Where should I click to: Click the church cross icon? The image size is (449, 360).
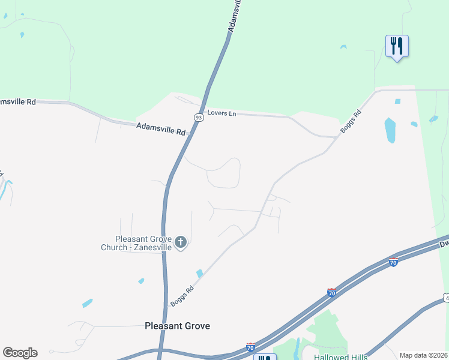[x=181, y=242]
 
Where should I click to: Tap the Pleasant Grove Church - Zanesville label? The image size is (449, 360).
[x=136, y=242]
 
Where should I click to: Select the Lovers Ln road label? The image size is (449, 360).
[x=221, y=113]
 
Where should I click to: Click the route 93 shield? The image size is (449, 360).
[x=199, y=118]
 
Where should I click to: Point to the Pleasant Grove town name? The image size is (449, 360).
[x=178, y=326]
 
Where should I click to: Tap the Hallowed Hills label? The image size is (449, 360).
[x=340, y=356]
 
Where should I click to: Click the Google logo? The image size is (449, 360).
[x=20, y=353]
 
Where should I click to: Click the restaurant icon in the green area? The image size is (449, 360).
[x=397, y=46]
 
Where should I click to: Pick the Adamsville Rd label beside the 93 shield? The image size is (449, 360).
[x=161, y=128]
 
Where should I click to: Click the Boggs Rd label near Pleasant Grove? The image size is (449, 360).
[x=182, y=296]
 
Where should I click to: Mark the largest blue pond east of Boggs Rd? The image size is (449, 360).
[x=390, y=130]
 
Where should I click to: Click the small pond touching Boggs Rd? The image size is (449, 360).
[x=199, y=274]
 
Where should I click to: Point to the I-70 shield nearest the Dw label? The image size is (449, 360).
[x=393, y=262]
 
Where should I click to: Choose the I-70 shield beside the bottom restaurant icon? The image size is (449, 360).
[x=250, y=347]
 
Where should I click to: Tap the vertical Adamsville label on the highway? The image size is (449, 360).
[x=237, y=16]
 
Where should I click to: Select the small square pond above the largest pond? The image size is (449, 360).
[x=397, y=101]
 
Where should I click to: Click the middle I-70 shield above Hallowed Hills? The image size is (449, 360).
[x=331, y=292]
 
